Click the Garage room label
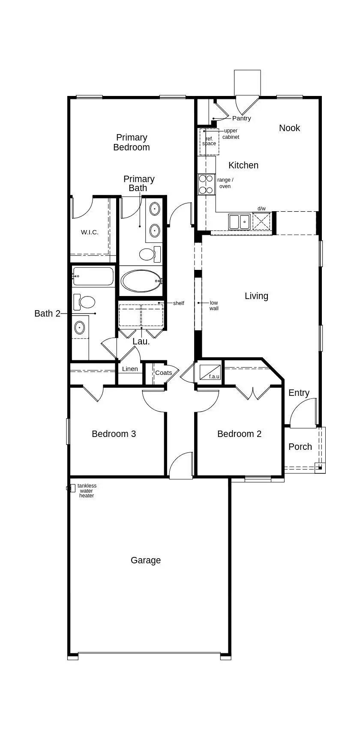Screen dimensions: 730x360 click(x=146, y=560)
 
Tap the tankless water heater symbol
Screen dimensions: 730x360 click(x=71, y=488)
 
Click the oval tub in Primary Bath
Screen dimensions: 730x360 click(x=141, y=281)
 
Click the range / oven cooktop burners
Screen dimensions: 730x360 click(x=206, y=185)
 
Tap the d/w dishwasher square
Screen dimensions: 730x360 click(x=261, y=221)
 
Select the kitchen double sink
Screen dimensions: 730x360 click(x=239, y=222)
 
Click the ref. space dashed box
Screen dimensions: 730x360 click(x=209, y=142)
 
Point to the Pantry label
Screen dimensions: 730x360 click(x=241, y=118)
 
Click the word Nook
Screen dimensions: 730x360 click(x=289, y=128)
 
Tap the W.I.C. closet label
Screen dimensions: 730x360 click(x=90, y=232)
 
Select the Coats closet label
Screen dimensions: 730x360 click(x=163, y=373)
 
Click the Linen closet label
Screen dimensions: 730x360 click(x=130, y=369)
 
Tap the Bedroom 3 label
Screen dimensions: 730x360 click(x=114, y=434)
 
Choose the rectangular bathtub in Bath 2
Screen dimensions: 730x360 click(x=93, y=276)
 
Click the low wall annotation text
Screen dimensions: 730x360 click(x=214, y=305)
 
